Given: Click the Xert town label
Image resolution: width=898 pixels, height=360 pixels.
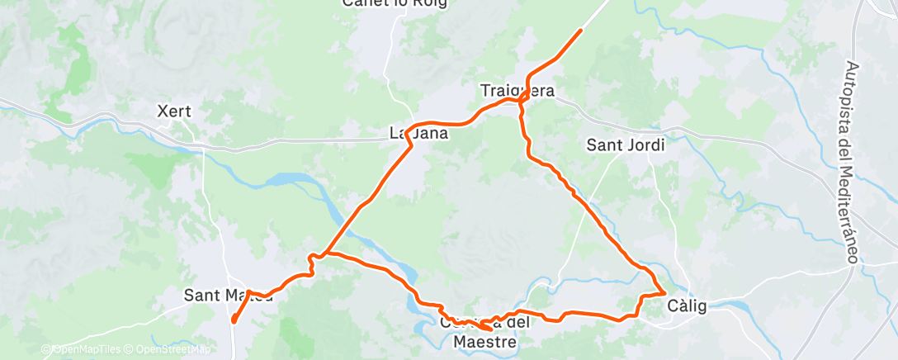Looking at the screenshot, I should [x=175, y=110].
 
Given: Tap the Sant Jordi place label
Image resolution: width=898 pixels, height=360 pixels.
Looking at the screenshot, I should [x=625, y=144].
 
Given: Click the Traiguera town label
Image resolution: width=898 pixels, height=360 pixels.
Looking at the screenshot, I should [x=518, y=90].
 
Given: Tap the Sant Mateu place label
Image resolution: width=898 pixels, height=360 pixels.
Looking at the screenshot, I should [x=227, y=295].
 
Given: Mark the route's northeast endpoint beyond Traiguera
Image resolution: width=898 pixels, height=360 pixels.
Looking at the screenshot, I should [x=580, y=31].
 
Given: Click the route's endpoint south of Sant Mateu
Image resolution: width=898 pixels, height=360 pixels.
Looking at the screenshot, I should [x=233, y=320].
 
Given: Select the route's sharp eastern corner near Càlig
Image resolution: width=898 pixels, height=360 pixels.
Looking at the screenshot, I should [x=665, y=292].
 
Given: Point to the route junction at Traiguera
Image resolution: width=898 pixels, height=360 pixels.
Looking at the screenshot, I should [x=522, y=98].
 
